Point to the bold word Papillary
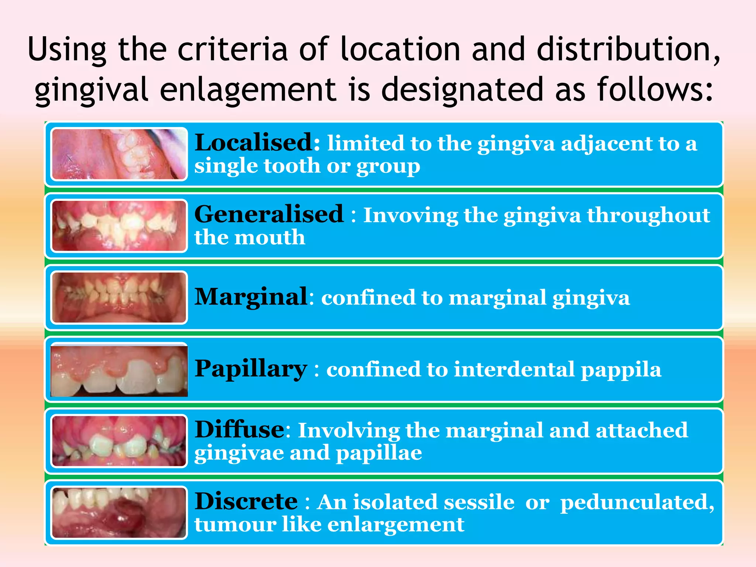coord(251,369)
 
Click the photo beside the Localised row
coord(119,154)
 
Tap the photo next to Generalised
coord(119,226)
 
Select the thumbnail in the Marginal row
coord(119,298)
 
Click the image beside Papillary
coord(119,370)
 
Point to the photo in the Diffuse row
coord(119,441)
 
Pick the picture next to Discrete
coord(119,513)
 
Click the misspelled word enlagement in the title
coord(248,90)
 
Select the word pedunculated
coord(637,503)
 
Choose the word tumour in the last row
coord(235,525)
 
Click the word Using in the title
coord(67,50)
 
